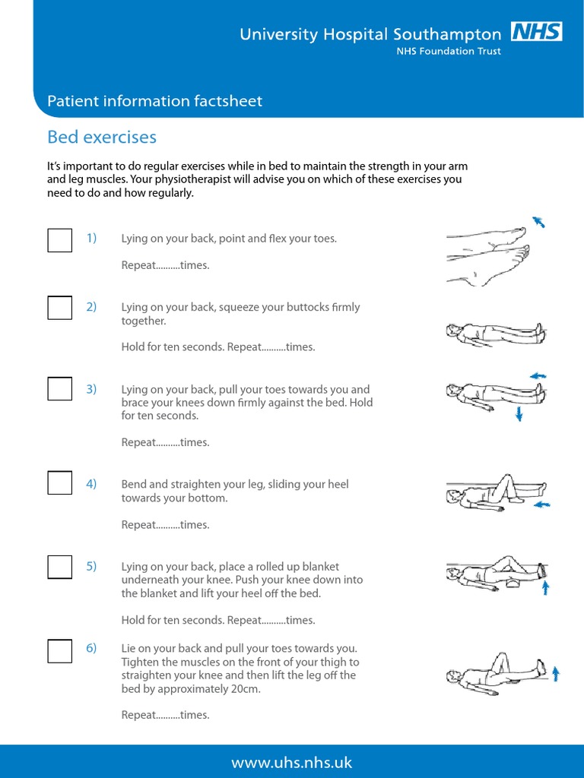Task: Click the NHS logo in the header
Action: (536, 32)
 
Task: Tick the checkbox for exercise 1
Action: (60, 239)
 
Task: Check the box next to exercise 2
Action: (60, 308)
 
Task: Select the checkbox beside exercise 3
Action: (60, 389)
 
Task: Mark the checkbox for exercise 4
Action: (60, 483)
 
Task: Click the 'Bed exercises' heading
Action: (102, 137)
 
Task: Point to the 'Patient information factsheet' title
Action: (155, 101)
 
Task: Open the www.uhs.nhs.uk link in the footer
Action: (292, 762)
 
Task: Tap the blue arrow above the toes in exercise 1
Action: (538, 222)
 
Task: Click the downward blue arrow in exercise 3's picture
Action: (519, 413)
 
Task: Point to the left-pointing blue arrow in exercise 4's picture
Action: (542, 504)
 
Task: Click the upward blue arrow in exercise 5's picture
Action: (544, 587)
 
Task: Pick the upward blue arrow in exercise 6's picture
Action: (556, 672)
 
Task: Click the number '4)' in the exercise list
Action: (91, 484)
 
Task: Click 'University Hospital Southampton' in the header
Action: (370, 34)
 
